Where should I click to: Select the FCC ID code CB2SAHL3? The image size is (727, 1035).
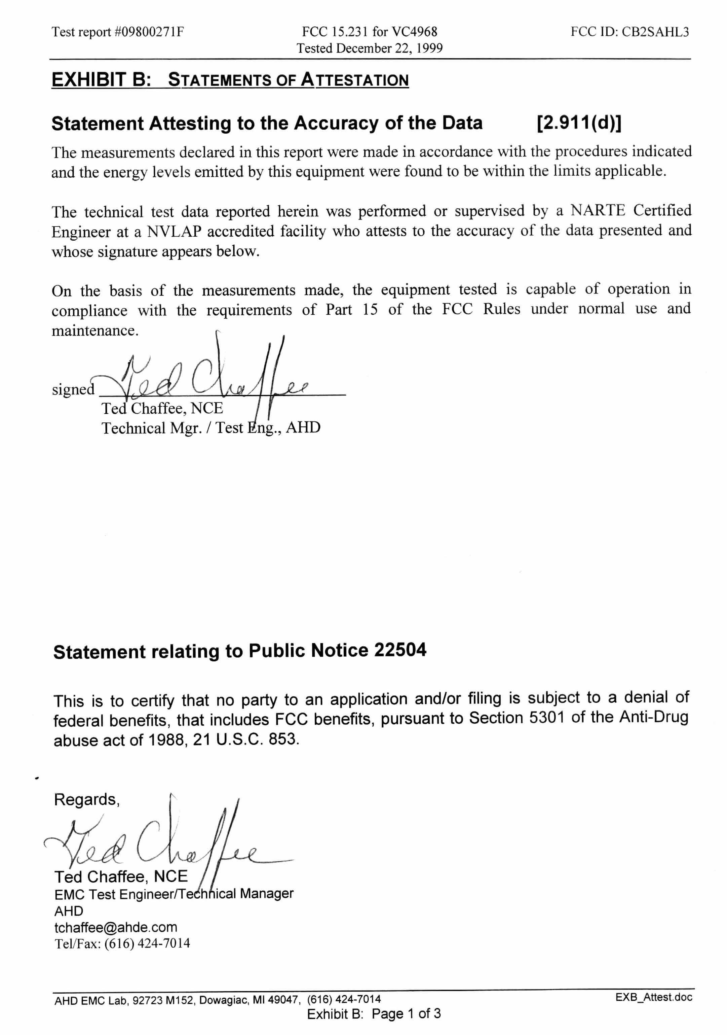pos(655,32)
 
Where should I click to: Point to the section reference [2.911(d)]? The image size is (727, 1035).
pos(579,123)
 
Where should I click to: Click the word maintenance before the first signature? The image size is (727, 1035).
pos(94,331)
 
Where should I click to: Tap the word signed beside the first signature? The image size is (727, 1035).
pos(73,389)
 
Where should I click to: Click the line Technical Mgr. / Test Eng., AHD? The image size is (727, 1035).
pos(211,427)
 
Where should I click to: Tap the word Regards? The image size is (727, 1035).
pos(86,800)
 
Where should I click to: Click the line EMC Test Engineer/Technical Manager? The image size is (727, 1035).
pos(174,894)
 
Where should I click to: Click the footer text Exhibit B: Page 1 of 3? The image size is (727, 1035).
pos(373,1014)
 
